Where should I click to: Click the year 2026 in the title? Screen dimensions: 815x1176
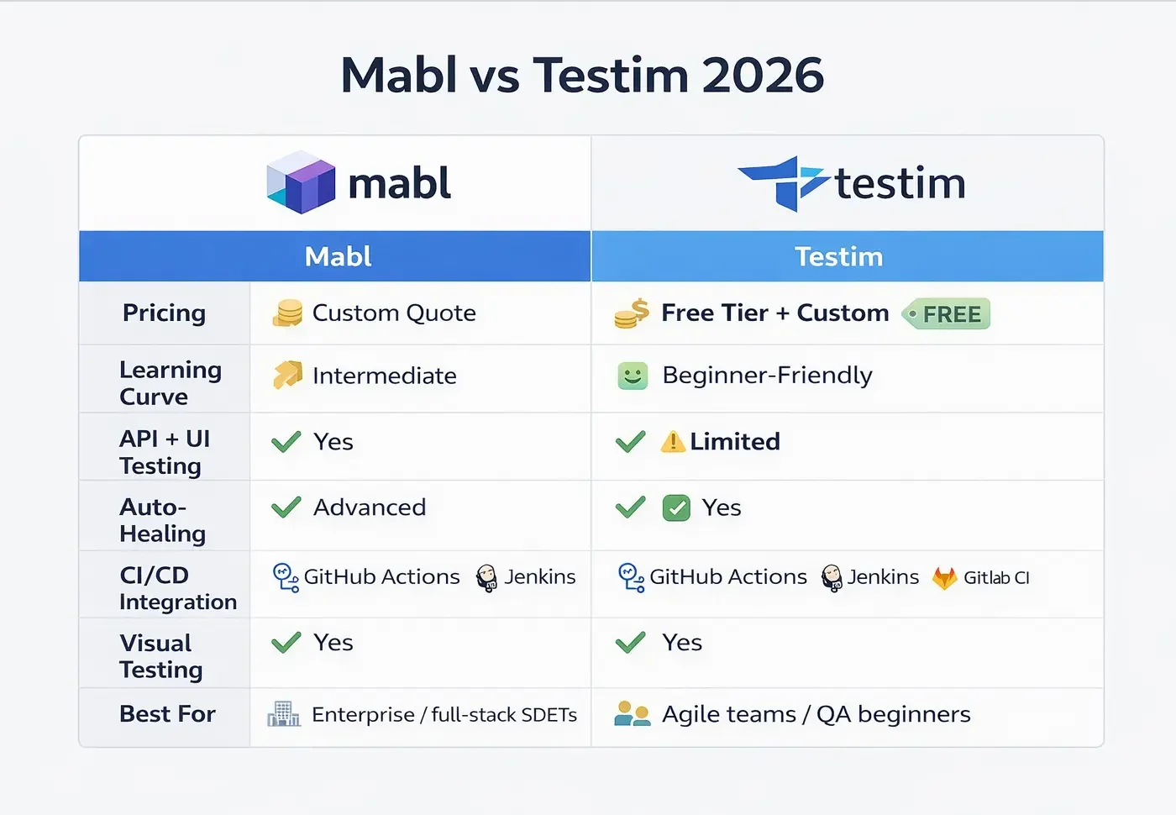pos(763,76)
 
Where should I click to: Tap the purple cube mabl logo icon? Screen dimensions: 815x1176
pos(301,182)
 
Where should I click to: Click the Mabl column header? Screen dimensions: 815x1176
pos(338,256)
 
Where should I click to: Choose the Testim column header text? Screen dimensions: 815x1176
pos(838,256)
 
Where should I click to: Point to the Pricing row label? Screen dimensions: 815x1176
pos(164,313)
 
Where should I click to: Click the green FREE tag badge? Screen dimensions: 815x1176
pos(947,314)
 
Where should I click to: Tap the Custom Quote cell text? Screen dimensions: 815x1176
pos(394,313)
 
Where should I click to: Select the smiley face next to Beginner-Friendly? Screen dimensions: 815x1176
pos(633,376)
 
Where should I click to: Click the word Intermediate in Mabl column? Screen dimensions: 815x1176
pos(384,376)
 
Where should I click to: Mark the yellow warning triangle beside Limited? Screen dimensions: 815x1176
pos(673,441)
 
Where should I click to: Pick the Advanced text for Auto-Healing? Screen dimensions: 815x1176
pos(370,507)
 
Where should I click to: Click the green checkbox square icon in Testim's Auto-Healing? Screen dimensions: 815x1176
pos(676,508)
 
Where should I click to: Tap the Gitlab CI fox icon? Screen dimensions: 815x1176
pos(945,577)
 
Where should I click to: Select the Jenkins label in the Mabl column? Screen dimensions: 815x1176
pos(540,576)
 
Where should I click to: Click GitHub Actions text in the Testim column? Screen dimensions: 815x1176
pos(727,576)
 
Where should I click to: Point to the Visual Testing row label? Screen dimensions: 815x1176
pos(160,656)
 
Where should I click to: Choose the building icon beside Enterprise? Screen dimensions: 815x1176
pos(284,714)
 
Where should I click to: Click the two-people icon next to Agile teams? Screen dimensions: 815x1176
pos(633,714)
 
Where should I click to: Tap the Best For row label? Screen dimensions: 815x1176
pos(167,713)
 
